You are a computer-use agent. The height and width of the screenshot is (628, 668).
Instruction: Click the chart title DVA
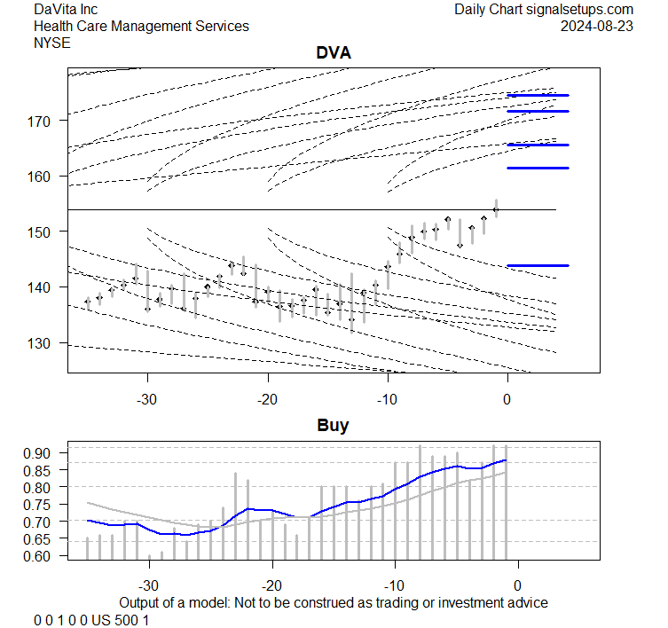pyautogui.click(x=334, y=53)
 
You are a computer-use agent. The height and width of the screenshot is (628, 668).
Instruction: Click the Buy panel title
pyautogui.click(x=334, y=426)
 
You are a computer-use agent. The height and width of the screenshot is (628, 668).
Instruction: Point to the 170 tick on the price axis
pyautogui.click(x=46, y=120)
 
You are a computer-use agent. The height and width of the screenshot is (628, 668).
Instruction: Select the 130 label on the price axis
pyautogui.click(x=46, y=343)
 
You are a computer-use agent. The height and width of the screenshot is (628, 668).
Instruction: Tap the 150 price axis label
pyautogui.click(x=46, y=232)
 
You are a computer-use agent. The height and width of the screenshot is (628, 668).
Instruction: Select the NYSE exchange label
pyautogui.click(x=54, y=43)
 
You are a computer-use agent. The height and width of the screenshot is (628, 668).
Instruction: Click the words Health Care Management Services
pyautogui.click(x=141, y=26)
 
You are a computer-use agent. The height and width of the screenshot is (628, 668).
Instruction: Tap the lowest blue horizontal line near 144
pyautogui.click(x=538, y=265)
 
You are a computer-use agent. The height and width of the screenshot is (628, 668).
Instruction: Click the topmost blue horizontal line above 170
pyautogui.click(x=538, y=95)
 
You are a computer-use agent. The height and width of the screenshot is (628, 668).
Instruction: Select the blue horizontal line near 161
pyautogui.click(x=538, y=168)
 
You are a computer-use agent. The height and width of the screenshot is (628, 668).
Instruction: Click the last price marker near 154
pyautogui.click(x=496, y=209)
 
